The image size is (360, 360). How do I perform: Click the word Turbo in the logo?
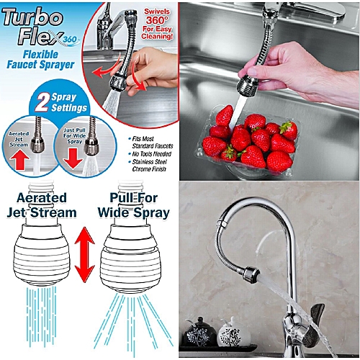[32, 17]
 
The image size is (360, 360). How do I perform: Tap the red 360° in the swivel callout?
[156, 20]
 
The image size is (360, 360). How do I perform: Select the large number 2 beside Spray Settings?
[42, 102]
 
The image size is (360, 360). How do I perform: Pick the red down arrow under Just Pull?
[73, 158]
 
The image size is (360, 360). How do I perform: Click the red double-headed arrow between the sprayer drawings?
[84, 255]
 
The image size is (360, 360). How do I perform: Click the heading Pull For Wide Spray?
[134, 205]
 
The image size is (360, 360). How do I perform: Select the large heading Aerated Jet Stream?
[42, 205]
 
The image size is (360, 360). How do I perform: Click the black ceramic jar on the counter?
[199, 333]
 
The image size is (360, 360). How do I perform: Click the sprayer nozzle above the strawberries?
[248, 86]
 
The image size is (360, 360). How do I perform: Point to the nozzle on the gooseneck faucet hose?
[251, 274]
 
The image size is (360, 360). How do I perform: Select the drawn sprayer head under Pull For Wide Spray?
[130, 258]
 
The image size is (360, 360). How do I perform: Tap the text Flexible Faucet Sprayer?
[40, 60]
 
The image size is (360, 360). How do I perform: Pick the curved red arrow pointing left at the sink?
[107, 68]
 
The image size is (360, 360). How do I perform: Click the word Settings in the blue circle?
[69, 108]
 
